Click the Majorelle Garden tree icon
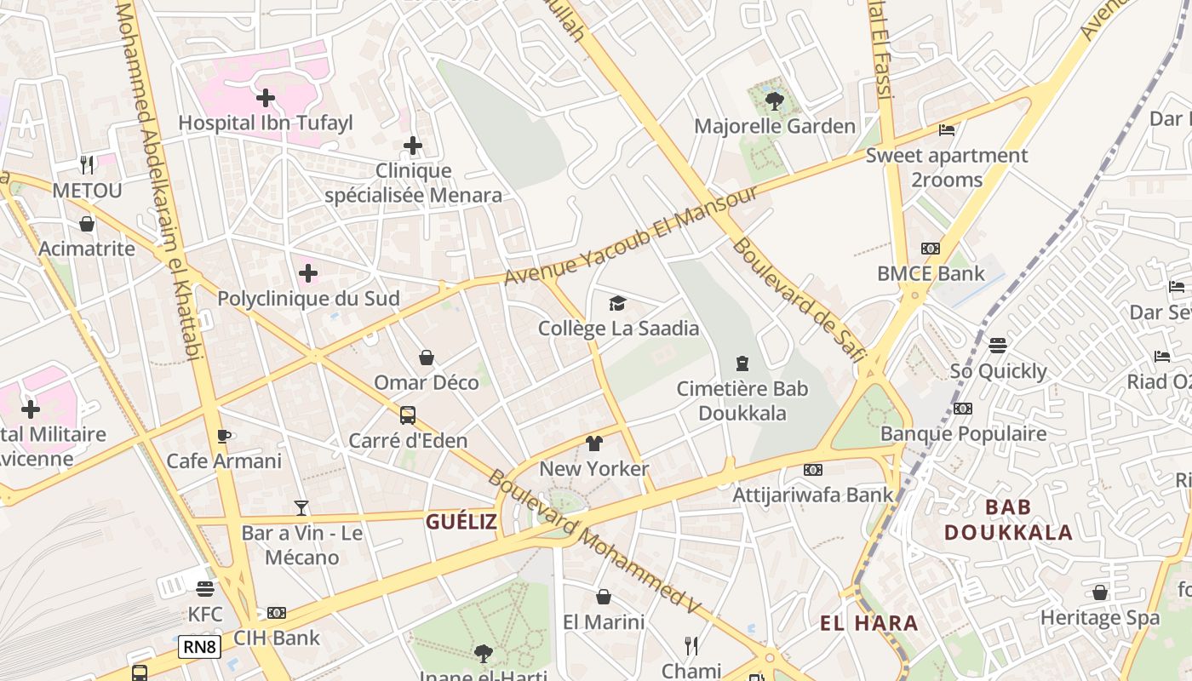[x=774, y=101]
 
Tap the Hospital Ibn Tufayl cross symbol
[x=266, y=98]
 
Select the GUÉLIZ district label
[x=461, y=522]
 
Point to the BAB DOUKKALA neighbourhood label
[x=1008, y=520]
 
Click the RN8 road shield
[x=200, y=647]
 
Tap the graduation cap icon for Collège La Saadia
[x=617, y=303]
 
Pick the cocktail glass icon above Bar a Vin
[x=301, y=508]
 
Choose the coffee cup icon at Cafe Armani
[x=223, y=436]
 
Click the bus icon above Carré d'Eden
[x=408, y=415]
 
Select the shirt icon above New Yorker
[x=593, y=444]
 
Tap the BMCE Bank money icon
[x=930, y=249]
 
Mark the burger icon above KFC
[x=204, y=589]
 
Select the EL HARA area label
[x=868, y=623]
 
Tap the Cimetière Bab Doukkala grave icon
[x=742, y=363]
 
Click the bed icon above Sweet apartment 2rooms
[x=946, y=130]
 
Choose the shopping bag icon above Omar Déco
[x=426, y=358]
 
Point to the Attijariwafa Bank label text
[x=813, y=495]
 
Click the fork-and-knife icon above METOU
[x=87, y=165]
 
